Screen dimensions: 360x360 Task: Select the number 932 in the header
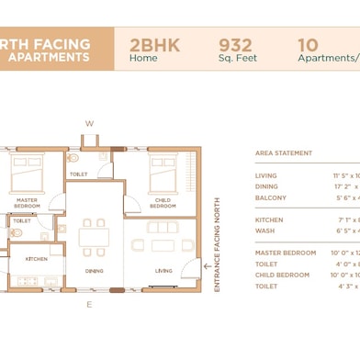pyautogui.click(x=236, y=43)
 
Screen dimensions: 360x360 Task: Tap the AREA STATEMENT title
pyautogui.click(x=284, y=153)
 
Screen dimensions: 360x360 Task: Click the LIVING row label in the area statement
pyautogui.click(x=266, y=175)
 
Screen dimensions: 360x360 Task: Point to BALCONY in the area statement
pyautogui.click(x=271, y=197)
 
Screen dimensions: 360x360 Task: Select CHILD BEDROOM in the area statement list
pyautogui.click(x=282, y=275)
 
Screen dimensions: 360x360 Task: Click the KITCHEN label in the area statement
pyautogui.click(x=269, y=219)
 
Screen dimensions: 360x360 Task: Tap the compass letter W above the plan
pyautogui.click(x=89, y=123)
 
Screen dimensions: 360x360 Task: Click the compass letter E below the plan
pyautogui.click(x=89, y=303)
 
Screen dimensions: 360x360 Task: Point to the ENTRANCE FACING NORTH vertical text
pyautogui.click(x=217, y=243)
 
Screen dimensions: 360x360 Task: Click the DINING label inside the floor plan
pyautogui.click(x=95, y=271)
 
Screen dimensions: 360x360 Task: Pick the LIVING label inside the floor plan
pyautogui.click(x=163, y=271)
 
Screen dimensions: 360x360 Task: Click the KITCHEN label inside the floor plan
pyautogui.click(x=37, y=260)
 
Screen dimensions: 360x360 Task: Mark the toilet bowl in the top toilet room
pyautogui.click(x=73, y=158)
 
